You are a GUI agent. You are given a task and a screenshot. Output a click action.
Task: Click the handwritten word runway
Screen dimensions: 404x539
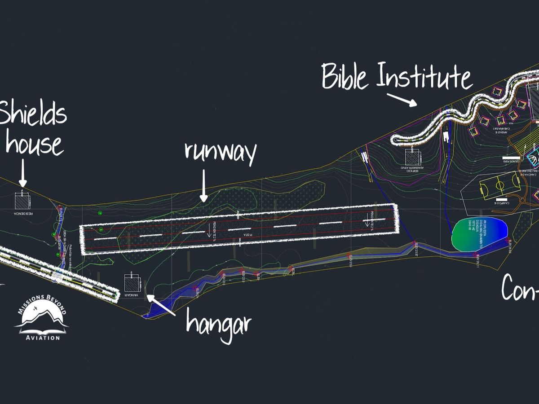click(x=220, y=152)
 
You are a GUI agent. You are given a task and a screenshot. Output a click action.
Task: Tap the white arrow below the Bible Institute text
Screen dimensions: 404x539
click(x=402, y=99)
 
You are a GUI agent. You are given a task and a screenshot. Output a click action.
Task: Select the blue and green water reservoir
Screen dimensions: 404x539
click(x=479, y=235)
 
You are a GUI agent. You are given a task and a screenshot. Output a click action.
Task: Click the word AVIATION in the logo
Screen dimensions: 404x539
click(x=42, y=338)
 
